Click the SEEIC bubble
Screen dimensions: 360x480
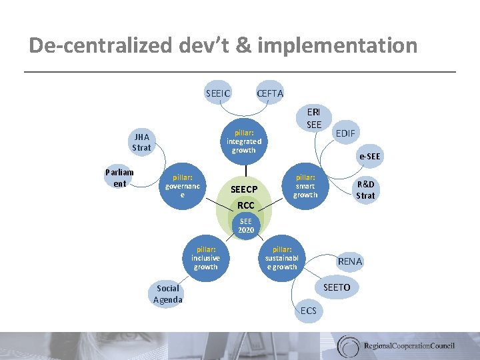[218, 93]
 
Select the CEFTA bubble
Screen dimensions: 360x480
[270, 93]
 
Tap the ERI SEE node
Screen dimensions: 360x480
[314, 118]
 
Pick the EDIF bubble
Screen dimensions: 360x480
[345, 133]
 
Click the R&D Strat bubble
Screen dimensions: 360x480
[365, 189]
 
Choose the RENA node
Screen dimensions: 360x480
[350, 261]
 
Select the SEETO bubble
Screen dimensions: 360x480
[337, 287]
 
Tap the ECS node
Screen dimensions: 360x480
[309, 311]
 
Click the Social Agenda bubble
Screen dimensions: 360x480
[167, 293]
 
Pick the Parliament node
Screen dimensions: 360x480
[120, 178]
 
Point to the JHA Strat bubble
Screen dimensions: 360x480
[141, 141]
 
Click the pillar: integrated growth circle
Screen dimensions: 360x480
[244, 141]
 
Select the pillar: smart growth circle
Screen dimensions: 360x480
[305, 187]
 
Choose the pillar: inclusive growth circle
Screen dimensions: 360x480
[205, 257]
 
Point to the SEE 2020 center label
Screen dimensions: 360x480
[246, 225]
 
